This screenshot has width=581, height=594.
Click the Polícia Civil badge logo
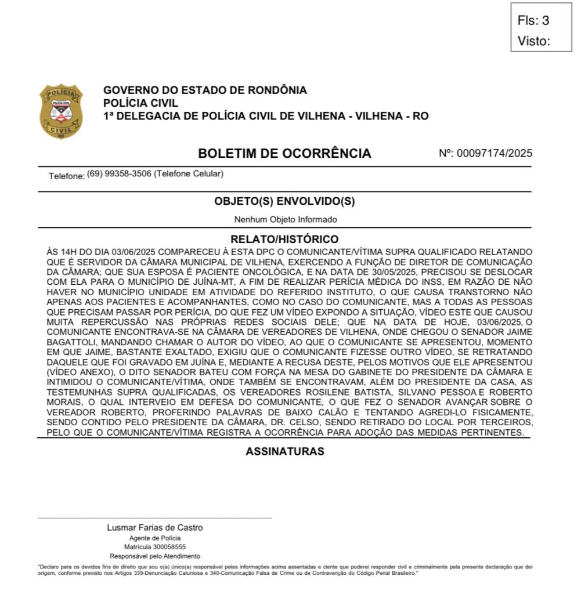[x=61, y=111]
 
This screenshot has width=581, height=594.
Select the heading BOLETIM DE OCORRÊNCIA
[x=284, y=154]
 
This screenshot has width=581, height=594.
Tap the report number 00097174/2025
[x=495, y=154]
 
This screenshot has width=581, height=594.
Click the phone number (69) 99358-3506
[x=119, y=174]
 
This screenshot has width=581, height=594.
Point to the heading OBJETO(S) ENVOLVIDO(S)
[x=284, y=201]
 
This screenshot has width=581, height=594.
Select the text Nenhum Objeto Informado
[x=285, y=220]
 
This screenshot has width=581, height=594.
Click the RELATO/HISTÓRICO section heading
[x=284, y=239]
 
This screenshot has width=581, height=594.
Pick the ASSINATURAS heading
[x=284, y=451]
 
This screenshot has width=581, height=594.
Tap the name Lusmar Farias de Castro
[x=155, y=528]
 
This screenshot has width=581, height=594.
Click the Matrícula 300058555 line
[x=155, y=547]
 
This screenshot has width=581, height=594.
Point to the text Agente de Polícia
[x=155, y=538]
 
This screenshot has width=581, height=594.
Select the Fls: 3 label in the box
[x=533, y=21]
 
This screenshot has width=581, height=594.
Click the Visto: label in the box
[x=533, y=41]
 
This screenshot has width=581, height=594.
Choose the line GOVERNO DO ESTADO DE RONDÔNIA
[x=205, y=90]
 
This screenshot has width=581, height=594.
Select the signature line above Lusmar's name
[x=155, y=517]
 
